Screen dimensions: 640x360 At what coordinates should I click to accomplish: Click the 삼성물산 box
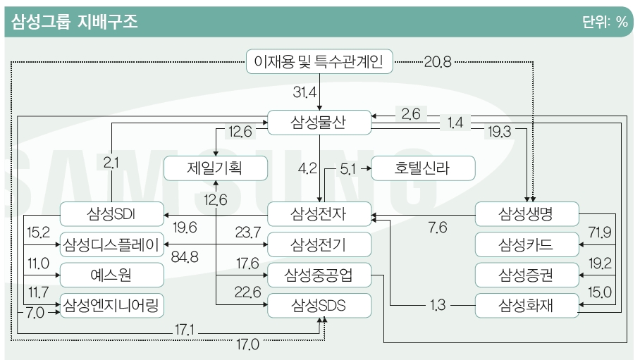pyautogui.click(x=319, y=122)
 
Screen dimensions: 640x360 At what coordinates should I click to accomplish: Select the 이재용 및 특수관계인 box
pyautogui.click(x=319, y=61)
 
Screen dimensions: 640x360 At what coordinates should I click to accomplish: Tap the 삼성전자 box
pyautogui.click(x=319, y=214)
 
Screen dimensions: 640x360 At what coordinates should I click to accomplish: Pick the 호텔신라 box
pyautogui.click(x=423, y=168)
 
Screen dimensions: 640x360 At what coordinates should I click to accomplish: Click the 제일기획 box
pyautogui.click(x=216, y=168)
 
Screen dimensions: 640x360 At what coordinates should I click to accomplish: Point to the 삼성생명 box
pyautogui.click(x=527, y=214)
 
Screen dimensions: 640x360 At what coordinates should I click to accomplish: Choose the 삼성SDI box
pyautogui.click(x=112, y=214)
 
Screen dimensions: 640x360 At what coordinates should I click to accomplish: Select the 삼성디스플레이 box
pyautogui.click(x=112, y=244)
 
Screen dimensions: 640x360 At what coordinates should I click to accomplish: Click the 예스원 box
pyautogui.click(x=112, y=275)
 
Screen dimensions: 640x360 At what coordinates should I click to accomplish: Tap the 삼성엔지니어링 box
pyautogui.click(x=112, y=305)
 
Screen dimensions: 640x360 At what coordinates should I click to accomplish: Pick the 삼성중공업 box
pyautogui.click(x=319, y=275)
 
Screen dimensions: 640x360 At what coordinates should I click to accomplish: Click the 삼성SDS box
pyautogui.click(x=319, y=305)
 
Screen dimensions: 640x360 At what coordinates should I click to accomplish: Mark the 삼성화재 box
pyautogui.click(x=527, y=305)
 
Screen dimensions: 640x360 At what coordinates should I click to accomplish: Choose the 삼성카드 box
pyautogui.click(x=527, y=244)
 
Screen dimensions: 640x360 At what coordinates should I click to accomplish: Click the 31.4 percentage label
pyautogui.click(x=305, y=92)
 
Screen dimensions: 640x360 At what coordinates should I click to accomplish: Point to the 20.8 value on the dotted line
pyautogui.click(x=438, y=62)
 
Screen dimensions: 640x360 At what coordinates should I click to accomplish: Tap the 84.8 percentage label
pyautogui.click(x=185, y=256)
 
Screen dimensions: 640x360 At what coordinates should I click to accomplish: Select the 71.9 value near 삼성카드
pyautogui.click(x=600, y=232)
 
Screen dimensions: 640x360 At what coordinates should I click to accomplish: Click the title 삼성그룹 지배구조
pyautogui.click(x=75, y=22)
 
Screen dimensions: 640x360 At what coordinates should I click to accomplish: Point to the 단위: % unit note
pyautogui.click(x=605, y=22)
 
